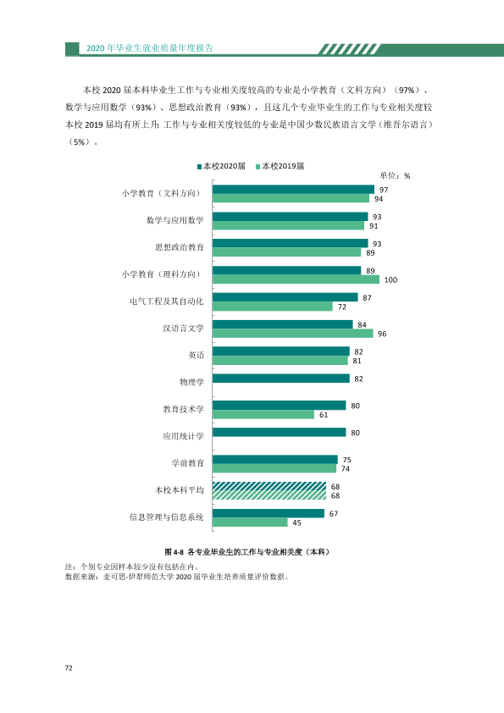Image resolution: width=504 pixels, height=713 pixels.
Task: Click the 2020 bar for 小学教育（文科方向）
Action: coord(293,190)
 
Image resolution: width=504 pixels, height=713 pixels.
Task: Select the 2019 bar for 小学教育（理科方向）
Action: coord(296,279)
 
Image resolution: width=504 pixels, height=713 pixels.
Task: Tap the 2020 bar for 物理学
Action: coord(281,379)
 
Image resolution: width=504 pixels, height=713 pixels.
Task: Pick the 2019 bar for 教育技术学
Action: coord(263,414)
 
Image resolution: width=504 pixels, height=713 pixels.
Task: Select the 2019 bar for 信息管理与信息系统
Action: coord(250,522)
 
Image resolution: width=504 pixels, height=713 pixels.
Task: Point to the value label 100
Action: coord(390,280)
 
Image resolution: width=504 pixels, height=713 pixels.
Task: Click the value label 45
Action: coord(297,523)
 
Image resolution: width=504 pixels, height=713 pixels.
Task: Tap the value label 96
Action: coord(382,334)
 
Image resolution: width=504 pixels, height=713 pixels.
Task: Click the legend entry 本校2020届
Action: coord(221,167)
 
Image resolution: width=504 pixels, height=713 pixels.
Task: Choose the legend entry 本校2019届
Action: coord(280,167)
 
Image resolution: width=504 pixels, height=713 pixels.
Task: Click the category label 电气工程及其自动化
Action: coord(167,301)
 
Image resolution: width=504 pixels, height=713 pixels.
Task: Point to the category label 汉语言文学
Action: coord(183,329)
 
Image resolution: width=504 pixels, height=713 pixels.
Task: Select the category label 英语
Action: coord(196,355)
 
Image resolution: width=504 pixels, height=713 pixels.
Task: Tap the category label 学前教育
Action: coord(187,463)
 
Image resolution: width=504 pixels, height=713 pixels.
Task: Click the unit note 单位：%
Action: coord(395,176)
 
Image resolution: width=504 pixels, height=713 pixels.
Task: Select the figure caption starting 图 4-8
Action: coord(247,552)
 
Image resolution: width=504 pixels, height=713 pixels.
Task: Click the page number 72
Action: coord(69,668)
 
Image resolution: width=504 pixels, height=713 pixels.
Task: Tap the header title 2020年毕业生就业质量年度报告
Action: coord(150,48)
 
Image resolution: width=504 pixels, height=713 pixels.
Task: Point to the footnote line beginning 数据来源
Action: coord(177,577)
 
